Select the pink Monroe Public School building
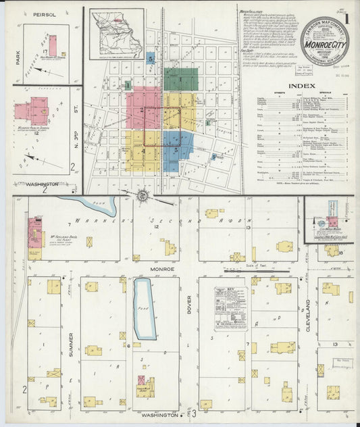click(x=32, y=110)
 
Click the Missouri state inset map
click(x=116, y=34)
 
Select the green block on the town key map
click(x=180, y=79)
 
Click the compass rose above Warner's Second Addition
click(x=143, y=196)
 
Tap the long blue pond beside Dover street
click(x=144, y=308)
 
